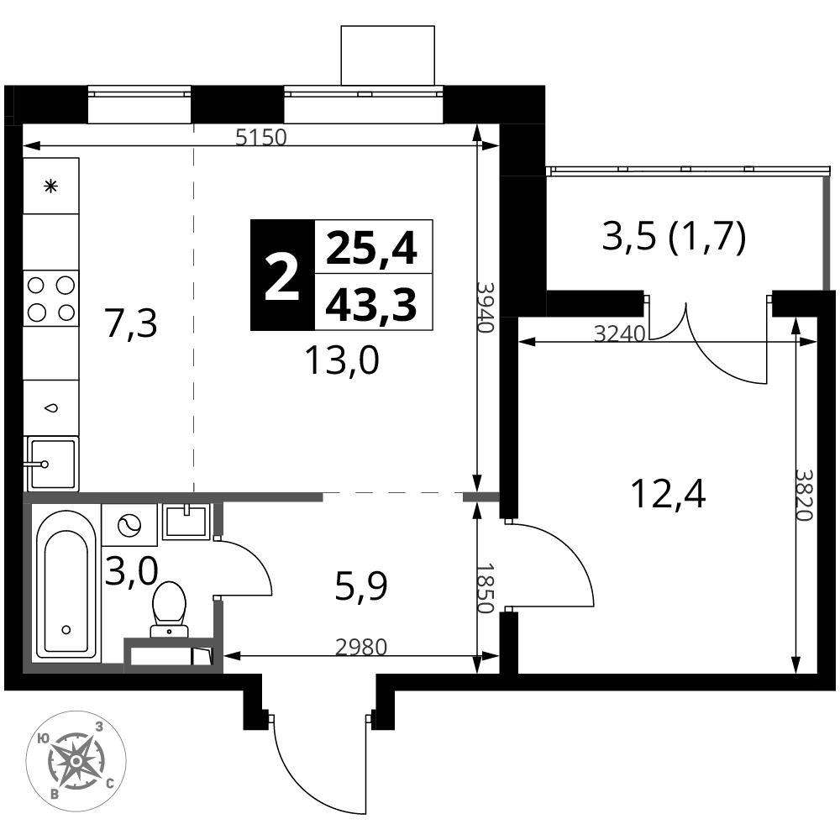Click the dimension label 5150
[261, 137]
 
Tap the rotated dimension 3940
[485, 307]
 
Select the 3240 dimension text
[619, 334]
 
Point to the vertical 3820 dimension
[804, 495]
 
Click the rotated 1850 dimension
[485, 588]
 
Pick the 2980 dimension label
[361, 648]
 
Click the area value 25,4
[372, 248]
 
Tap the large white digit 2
[282, 279]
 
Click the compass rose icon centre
[76, 761]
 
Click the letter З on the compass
[99, 727]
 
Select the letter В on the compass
[54, 794]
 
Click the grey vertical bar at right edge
[827, 233]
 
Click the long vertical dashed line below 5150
[194, 311]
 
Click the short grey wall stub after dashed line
[481, 497]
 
